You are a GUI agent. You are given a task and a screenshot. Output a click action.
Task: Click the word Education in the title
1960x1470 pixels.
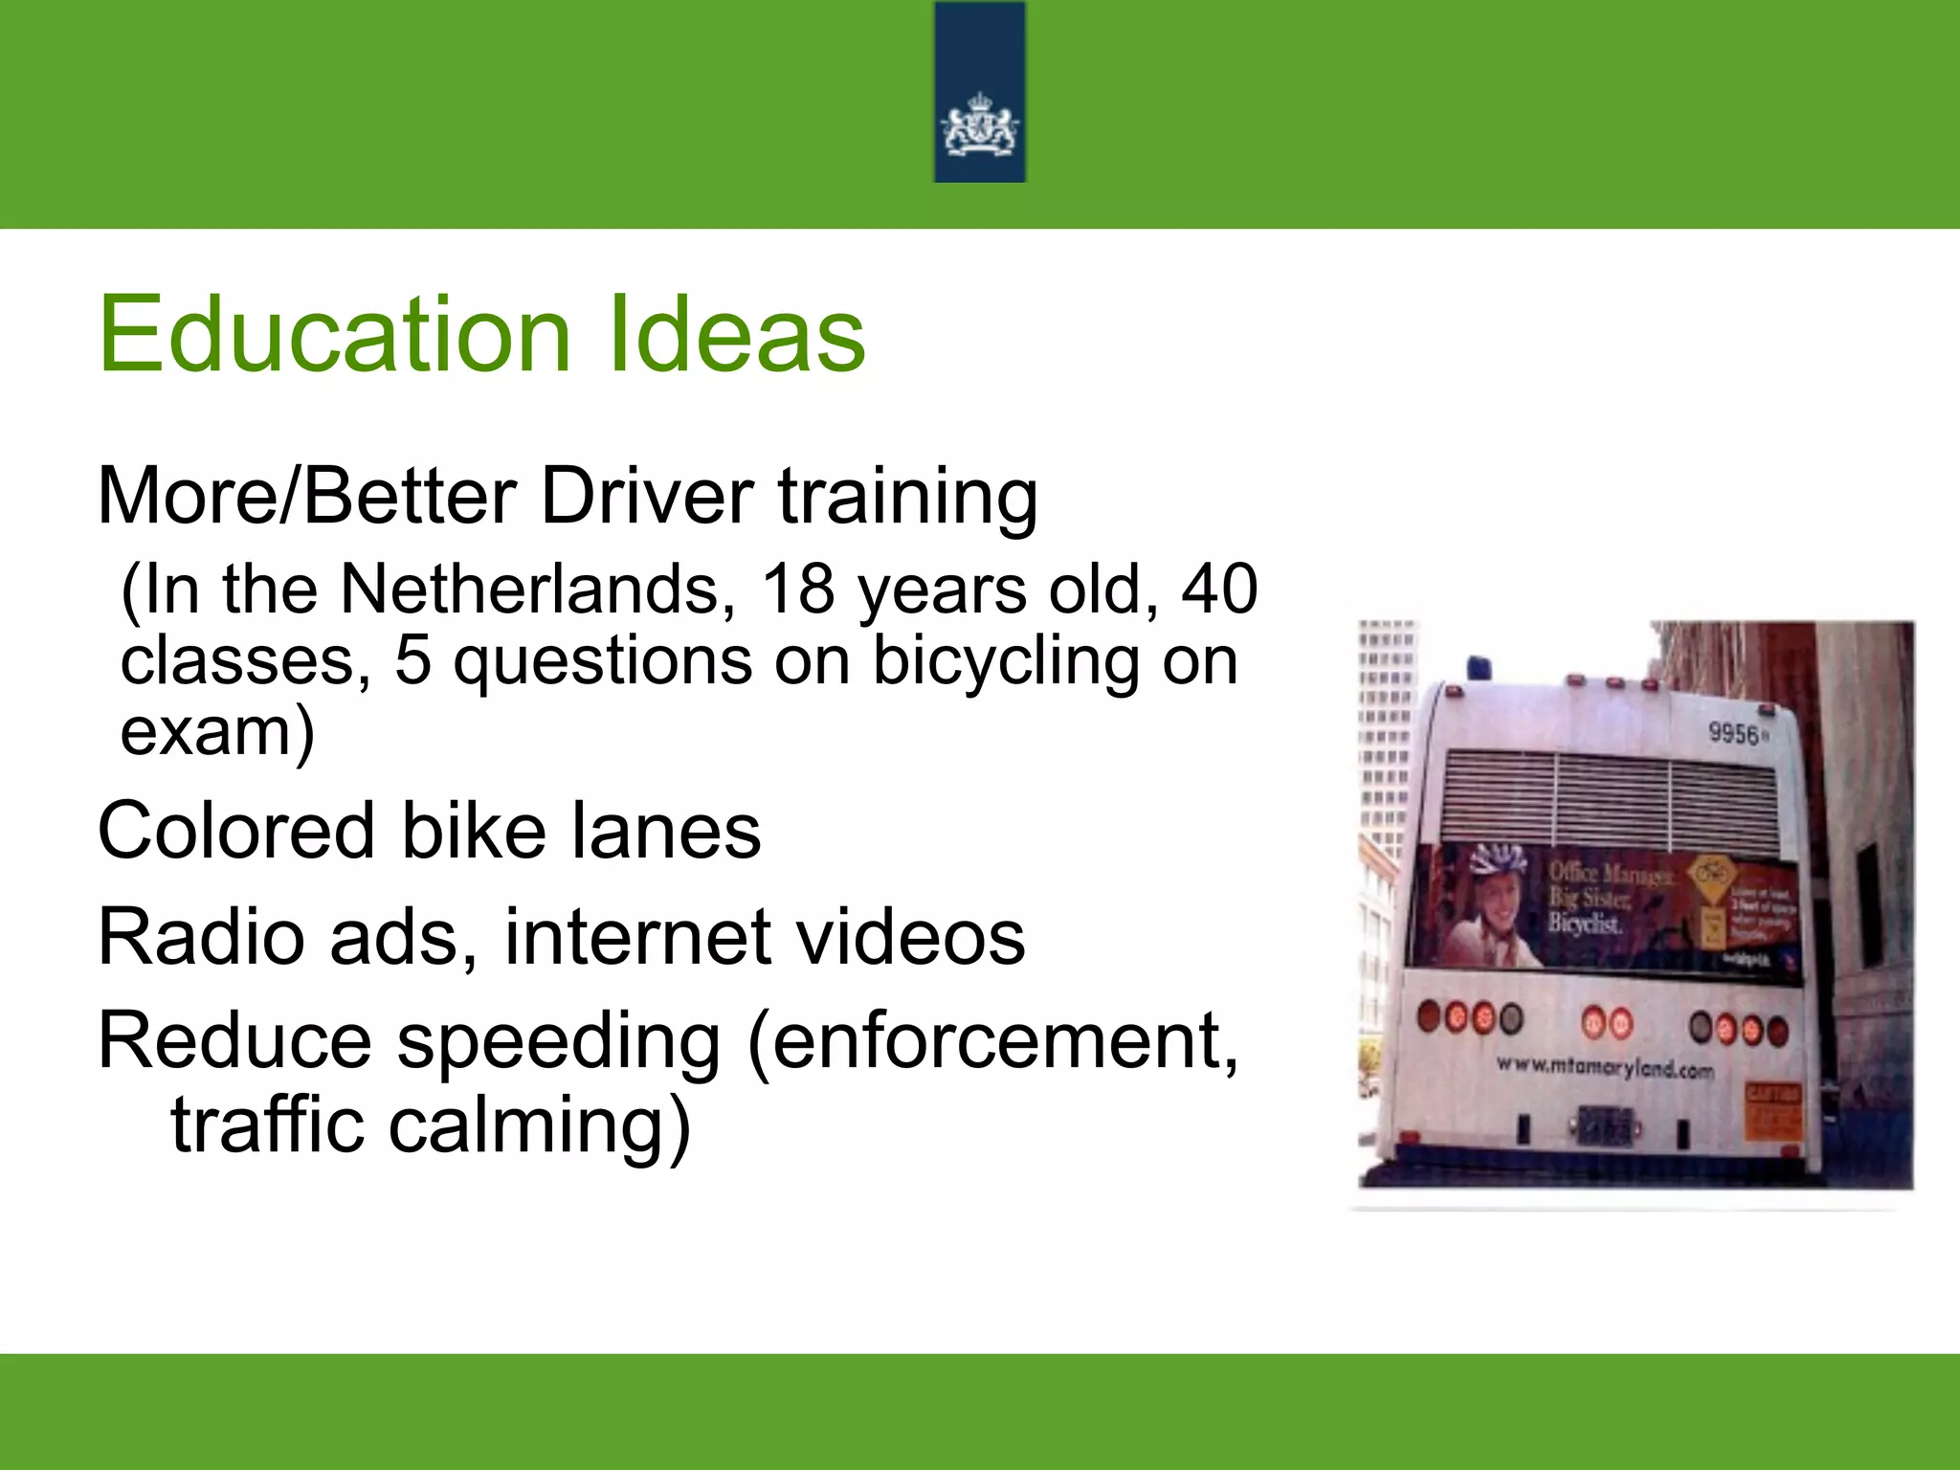click(x=335, y=335)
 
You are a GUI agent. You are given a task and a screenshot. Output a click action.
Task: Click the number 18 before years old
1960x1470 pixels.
click(x=798, y=590)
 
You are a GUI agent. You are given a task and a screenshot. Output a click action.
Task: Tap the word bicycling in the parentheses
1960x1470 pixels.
click(x=1005, y=660)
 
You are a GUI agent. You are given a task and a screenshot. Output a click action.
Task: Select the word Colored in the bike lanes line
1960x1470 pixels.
click(x=235, y=832)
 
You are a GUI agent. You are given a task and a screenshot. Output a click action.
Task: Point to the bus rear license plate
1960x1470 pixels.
click(x=1602, y=1126)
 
